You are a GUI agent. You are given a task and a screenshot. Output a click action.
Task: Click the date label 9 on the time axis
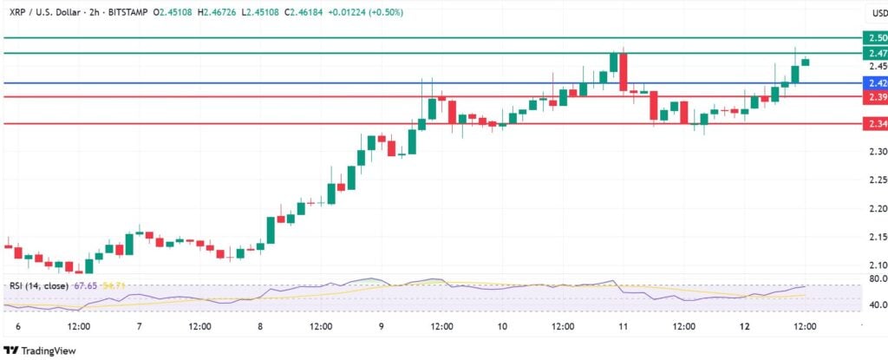(382, 326)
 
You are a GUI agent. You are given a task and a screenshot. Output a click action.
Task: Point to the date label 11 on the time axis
(624, 326)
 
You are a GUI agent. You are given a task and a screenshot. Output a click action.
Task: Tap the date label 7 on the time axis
(139, 326)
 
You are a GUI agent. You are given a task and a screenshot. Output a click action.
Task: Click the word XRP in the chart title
(15, 13)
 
